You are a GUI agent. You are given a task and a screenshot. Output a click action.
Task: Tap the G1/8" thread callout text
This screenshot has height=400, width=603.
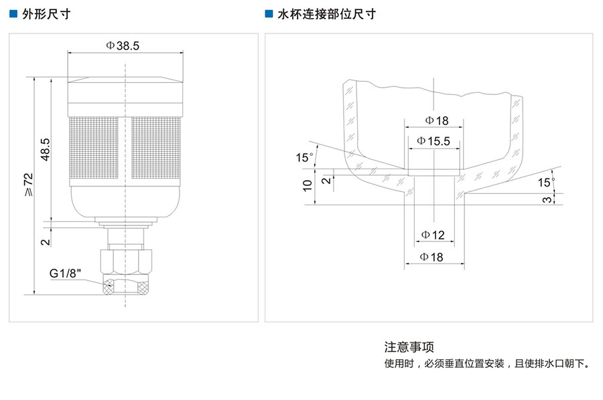(x=65, y=274)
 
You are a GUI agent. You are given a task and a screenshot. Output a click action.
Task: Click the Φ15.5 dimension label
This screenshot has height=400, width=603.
(x=433, y=141)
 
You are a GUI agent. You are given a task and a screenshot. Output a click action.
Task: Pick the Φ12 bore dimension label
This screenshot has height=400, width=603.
(x=433, y=235)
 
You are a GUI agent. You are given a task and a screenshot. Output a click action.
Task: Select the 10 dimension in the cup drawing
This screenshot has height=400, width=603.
(x=307, y=185)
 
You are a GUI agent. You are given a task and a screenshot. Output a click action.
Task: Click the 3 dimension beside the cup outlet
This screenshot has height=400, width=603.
(x=547, y=199)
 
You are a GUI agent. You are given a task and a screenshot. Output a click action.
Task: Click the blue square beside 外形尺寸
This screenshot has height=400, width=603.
(x=13, y=13)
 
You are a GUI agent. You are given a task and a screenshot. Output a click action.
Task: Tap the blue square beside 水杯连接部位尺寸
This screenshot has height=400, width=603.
(x=269, y=13)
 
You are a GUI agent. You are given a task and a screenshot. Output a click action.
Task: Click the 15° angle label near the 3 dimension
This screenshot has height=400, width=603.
(x=546, y=182)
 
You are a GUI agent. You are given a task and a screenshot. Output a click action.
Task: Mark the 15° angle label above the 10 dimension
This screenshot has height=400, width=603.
(x=305, y=158)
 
